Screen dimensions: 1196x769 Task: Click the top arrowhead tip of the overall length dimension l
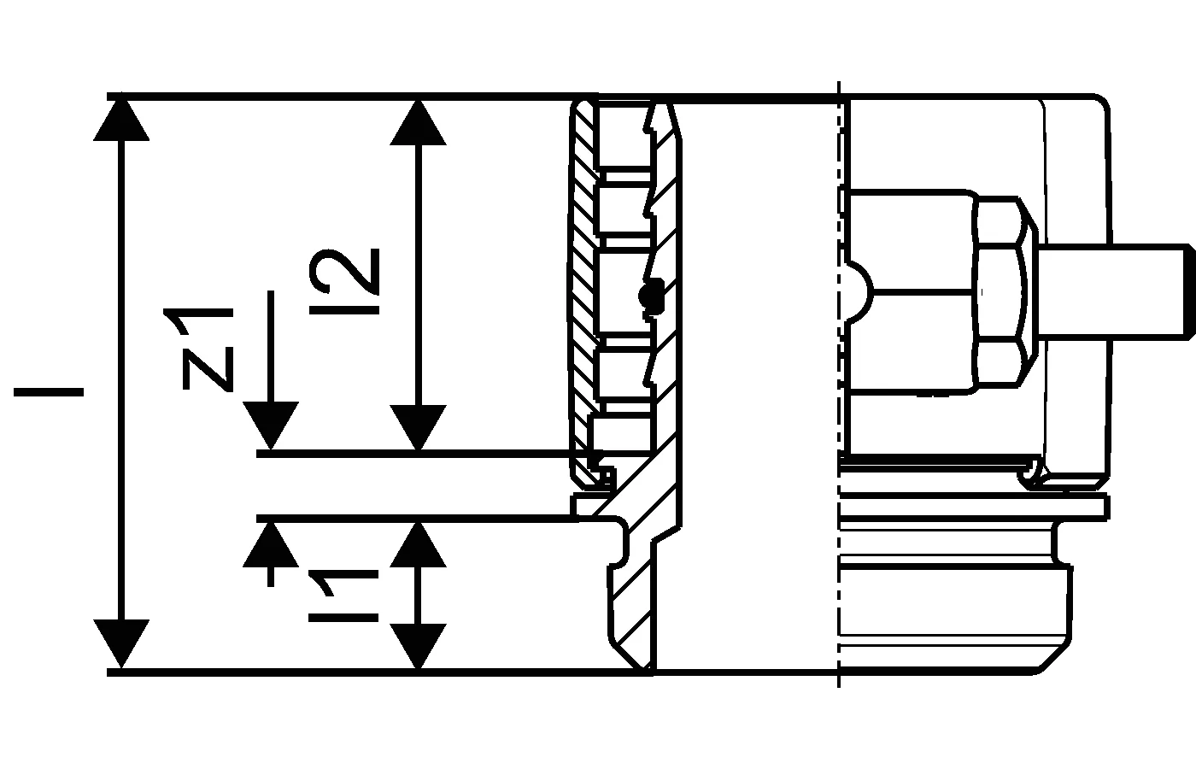[121, 99]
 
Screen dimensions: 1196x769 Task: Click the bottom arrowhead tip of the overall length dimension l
[121, 667]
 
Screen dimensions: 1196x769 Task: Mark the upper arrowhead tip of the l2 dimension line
[418, 100]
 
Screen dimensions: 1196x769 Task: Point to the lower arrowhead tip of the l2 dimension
[418, 450]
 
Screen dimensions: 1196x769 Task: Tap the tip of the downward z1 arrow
[271, 449]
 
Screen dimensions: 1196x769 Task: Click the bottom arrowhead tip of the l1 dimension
[418, 668]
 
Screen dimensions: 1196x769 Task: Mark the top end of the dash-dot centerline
[839, 81]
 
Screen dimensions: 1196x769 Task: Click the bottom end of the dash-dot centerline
[839, 688]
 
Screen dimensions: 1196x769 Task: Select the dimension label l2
[344, 281]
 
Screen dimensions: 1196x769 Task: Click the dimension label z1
[207, 349]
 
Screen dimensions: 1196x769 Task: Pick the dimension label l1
[343, 596]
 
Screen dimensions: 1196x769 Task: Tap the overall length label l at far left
[49, 392]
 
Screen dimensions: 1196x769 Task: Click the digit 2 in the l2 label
[344, 272]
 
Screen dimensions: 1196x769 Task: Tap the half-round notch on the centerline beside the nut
[856, 291]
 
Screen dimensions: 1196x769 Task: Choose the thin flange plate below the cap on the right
[974, 506]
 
